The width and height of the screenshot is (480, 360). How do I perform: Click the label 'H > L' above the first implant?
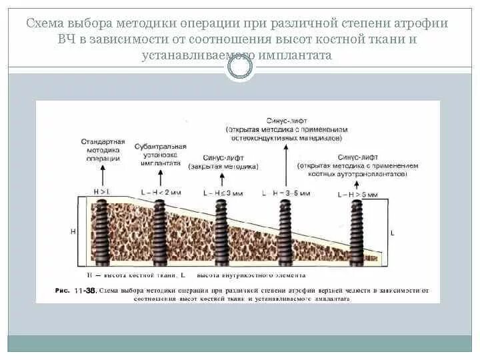point(102,192)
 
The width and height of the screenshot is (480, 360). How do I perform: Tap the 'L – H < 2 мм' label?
point(161,192)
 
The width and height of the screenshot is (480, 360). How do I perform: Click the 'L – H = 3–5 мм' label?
point(287,193)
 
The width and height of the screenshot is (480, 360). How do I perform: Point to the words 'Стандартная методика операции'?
point(101,150)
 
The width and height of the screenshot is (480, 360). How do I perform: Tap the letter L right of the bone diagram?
point(392,233)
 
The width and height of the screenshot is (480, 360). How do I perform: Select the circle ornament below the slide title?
point(240,65)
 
